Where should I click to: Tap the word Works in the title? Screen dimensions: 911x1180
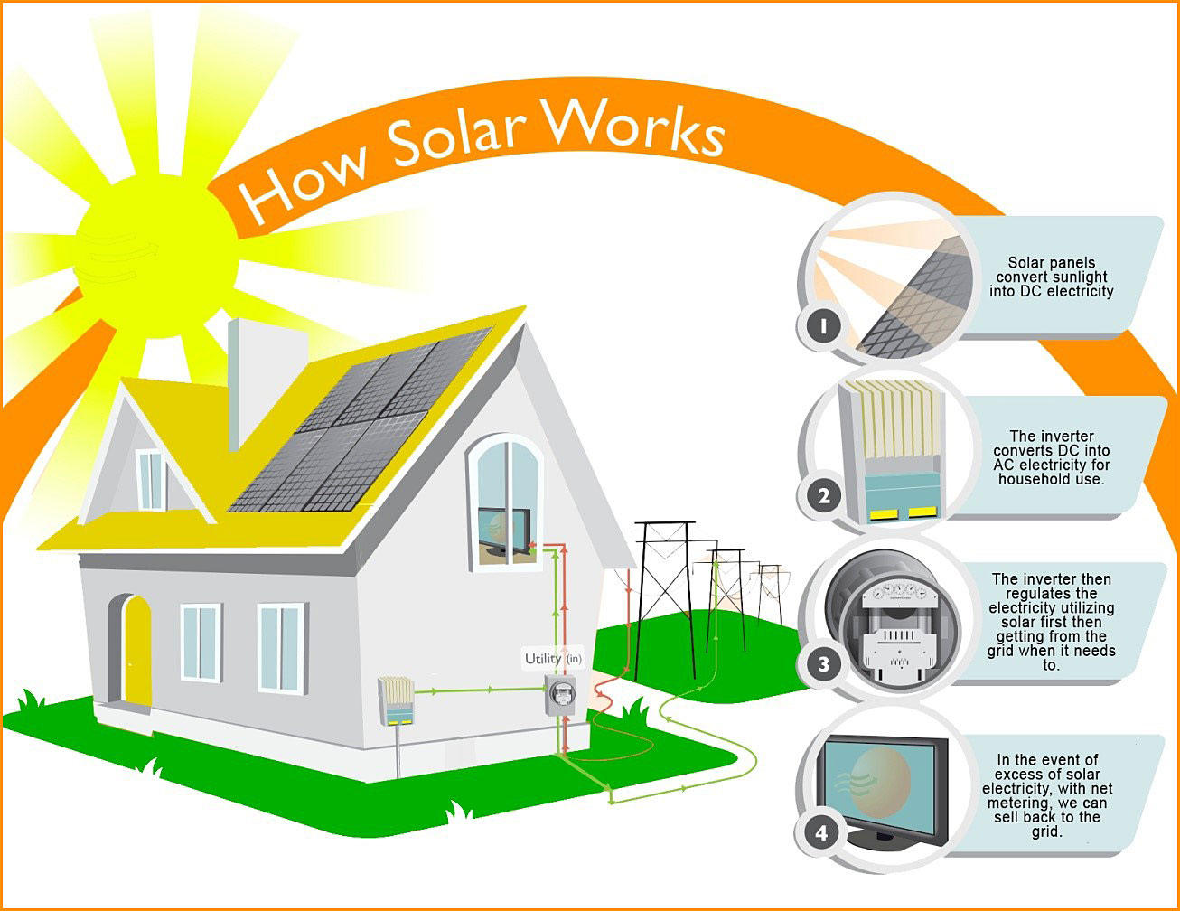(x=633, y=127)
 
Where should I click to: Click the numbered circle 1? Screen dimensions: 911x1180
(x=823, y=326)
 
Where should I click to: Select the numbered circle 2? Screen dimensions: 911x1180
(x=823, y=495)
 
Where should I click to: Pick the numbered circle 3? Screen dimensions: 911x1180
(x=823, y=664)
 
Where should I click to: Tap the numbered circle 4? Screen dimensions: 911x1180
(x=821, y=832)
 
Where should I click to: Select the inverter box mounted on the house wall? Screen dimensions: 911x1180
(x=396, y=701)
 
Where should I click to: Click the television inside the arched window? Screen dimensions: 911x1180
(x=504, y=532)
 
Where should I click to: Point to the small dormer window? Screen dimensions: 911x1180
(x=150, y=479)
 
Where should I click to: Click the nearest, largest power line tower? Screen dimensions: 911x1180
(x=665, y=597)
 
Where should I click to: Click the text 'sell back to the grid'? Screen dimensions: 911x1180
(x=1047, y=824)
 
